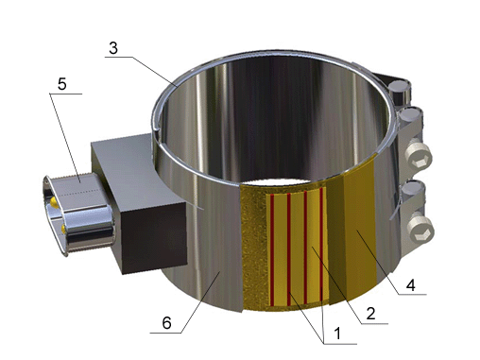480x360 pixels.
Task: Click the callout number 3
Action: (x=113, y=48)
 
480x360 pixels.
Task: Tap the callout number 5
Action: (x=62, y=84)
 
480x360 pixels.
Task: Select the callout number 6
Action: (x=166, y=323)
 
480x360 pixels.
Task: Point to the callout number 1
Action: (x=337, y=334)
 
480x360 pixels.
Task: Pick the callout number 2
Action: (x=370, y=314)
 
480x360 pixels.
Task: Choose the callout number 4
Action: (x=411, y=285)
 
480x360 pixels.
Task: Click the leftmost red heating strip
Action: (x=272, y=250)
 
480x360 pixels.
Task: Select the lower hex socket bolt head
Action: (x=421, y=230)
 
